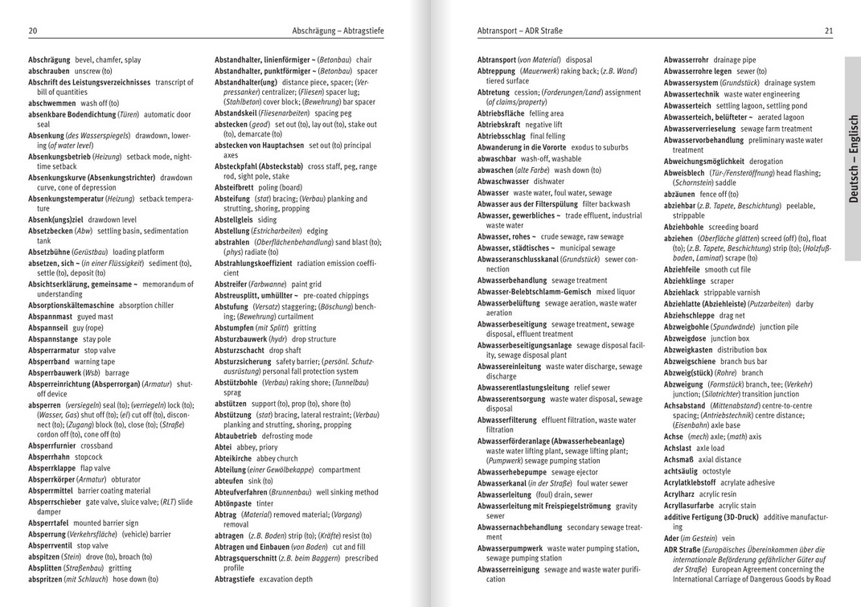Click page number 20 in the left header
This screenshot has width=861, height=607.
pyautogui.click(x=32, y=31)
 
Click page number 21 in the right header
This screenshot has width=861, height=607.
pyautogui.click(x=828, y=31)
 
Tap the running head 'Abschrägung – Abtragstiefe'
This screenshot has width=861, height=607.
pyautogui.click(x=338, y=31)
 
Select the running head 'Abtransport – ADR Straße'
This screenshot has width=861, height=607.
pyautogui.click(x=520, y=31)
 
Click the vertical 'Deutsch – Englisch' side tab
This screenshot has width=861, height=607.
pyautogui.click(x=853, y=158)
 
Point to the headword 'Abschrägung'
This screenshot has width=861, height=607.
pyautogui.click(x=49, y=60)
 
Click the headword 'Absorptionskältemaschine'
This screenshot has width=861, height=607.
pyautogui.click(x=71, y=306)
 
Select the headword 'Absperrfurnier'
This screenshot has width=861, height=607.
pyautogui.click(x=53, y=445)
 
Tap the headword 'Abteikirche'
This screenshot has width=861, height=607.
pyautogui.click(x=233, y=458)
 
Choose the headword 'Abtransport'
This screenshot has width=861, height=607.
pyautogui.click(x=497, y=60)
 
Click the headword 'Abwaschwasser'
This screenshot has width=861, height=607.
pyautogui.click(x=503, y=182)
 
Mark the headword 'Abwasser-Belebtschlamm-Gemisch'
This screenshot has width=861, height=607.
pyautogui.click(x=534, y=292)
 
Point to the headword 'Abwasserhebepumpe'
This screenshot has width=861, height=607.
pyautogui.click(x=512, y=472)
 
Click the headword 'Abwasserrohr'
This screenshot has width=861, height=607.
pyautogui.click(x=687, y=60)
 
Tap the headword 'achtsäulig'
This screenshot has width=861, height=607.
pyautogui.click(x=680, y=471)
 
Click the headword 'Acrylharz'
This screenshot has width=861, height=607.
pyautogui.click(x=679, y=494)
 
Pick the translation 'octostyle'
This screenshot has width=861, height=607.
pyautogui.click(x=716, y=471)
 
